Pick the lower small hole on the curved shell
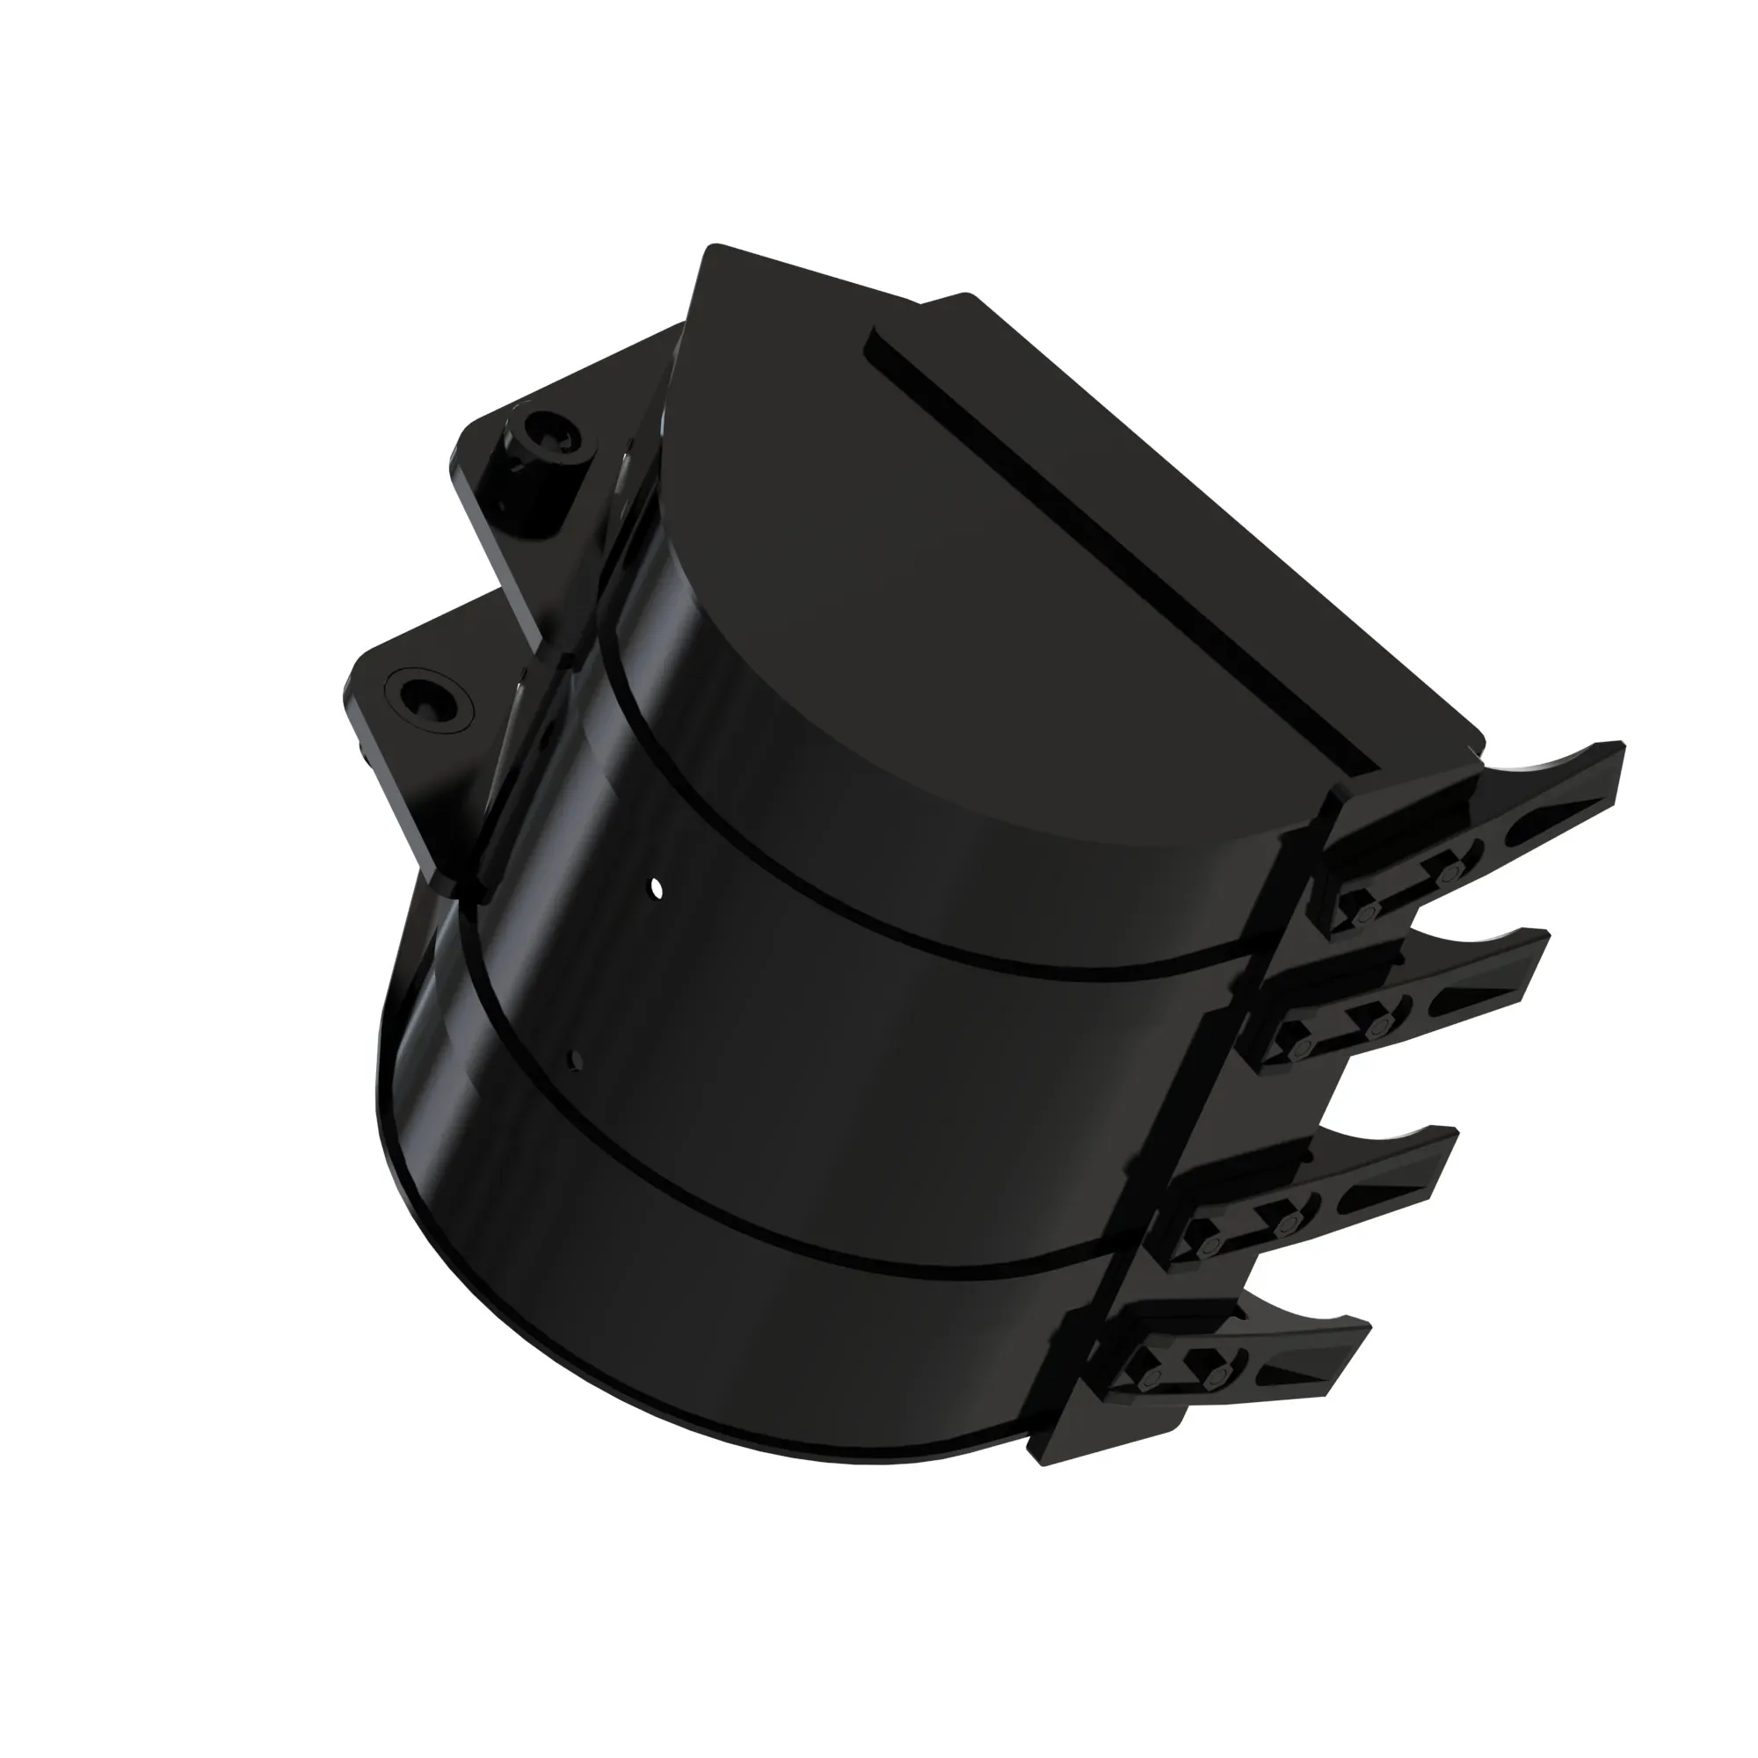click(574, 1057)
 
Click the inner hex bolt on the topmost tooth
click(1362, 914)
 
